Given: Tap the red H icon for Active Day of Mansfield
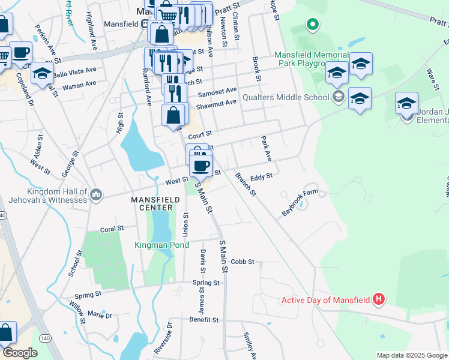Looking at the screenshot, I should [378, 298].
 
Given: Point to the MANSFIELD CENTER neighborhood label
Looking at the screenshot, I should [152, 203].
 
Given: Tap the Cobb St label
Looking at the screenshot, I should [243, 262].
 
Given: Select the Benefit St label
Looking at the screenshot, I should [203, 320].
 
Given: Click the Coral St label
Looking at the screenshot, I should [112, 229].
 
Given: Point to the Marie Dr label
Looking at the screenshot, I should [100, 314].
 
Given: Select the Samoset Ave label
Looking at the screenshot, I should [217, 91].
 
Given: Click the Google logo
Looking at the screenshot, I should [20, 353].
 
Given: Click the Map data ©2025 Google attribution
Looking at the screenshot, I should [411, 355].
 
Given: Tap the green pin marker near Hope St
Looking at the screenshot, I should [312, 25].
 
